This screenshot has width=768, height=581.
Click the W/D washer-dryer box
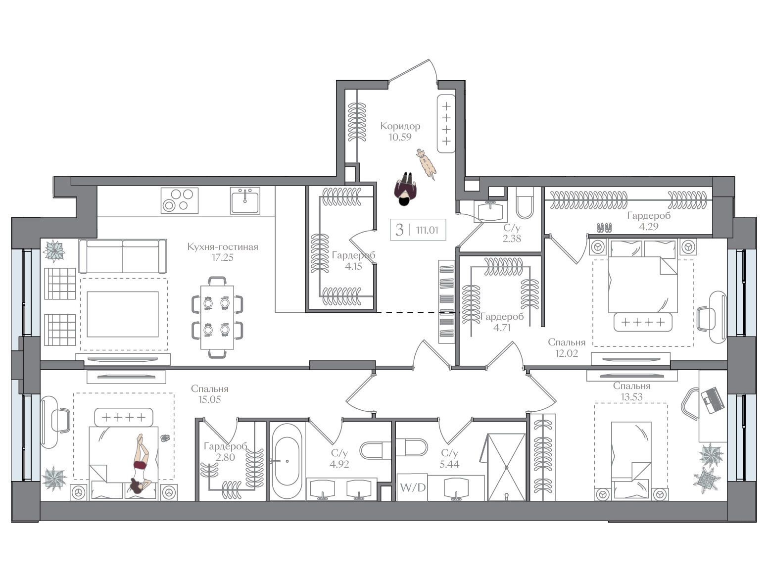pyautogui.click(x=413, y=487)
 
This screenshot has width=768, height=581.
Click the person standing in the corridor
pyautogui.click(x=405, y=189)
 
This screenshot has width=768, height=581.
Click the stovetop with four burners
pyautogui.click(x=180, y=200)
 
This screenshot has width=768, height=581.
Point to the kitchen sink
pyautogui.click(x=245, y=200)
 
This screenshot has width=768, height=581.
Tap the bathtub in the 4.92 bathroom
pyautogui.click(x=287, y=461)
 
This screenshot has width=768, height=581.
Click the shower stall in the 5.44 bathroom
pyautogui.click(x=506, y=467)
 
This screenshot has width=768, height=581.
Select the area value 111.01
pyautogui.click(x=427, y=230)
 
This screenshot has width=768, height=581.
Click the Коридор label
pyautogui.click(x=400, y=126)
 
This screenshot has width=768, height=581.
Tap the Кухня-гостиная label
pyautogui.click(x=223, y=246)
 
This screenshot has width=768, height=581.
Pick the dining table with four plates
pyautogui.click(x=217, y=317)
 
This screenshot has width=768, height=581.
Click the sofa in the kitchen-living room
pyautogui.click(x=123, y=256)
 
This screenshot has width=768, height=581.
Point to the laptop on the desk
pyautogui.click(x=713, y=400)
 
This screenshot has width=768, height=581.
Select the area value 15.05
pyautogui.click(x=210, y=399)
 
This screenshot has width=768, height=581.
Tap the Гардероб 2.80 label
pyautogui.click(x=225, y=451)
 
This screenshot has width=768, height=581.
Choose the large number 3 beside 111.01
pyautogui.click(x=399, y=230)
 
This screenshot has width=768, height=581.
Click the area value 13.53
pyautogui.click(x=631, y=397)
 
